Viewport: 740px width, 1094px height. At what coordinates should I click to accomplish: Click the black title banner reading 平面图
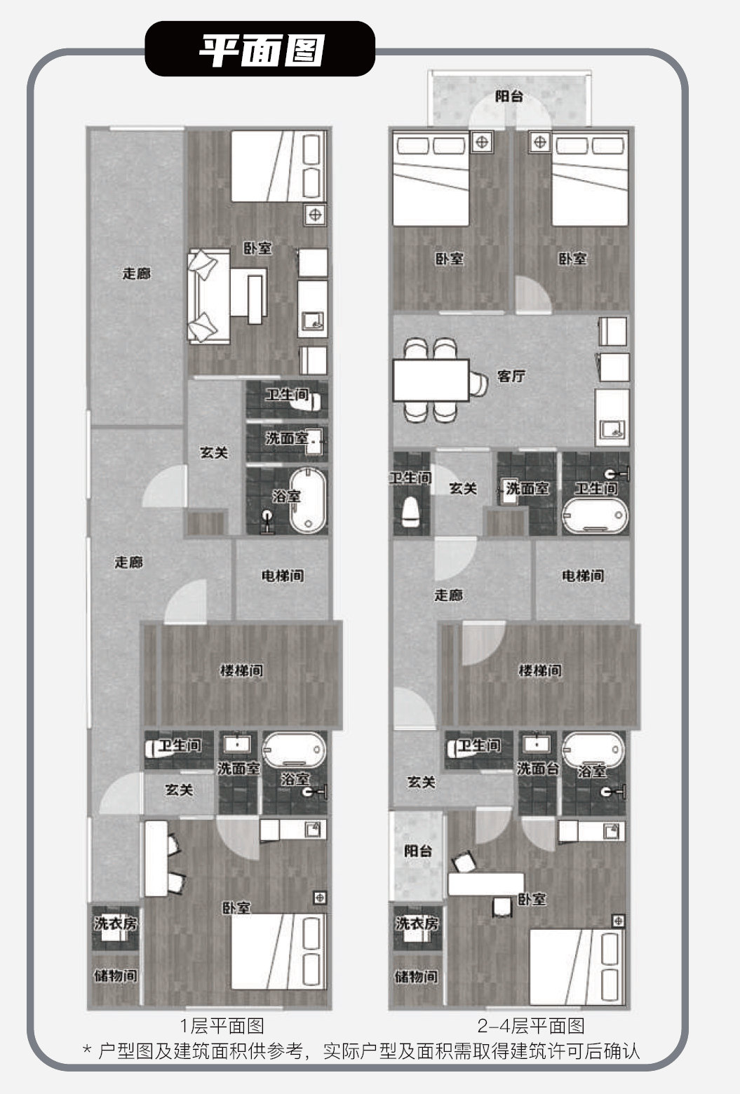260,49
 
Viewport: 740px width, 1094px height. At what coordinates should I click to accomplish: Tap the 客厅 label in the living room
511,376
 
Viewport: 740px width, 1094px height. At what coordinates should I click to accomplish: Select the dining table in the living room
431,380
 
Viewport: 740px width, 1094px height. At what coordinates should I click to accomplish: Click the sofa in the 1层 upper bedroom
209,297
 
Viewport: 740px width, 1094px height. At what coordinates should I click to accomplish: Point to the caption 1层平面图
222,1026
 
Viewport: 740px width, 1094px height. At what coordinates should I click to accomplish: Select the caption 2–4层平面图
531,1026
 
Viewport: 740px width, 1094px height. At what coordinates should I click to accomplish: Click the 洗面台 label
538,768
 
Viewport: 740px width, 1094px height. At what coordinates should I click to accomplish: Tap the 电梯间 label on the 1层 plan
283,576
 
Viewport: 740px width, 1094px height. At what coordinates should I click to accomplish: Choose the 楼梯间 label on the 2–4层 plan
539,670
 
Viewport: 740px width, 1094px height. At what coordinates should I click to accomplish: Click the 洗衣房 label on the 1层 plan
116,923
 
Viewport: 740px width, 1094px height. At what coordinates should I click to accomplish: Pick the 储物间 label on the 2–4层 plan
417,976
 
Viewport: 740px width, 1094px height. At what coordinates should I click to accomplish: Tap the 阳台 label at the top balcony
509,96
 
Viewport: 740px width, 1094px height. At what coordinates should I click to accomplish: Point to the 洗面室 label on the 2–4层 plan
527,488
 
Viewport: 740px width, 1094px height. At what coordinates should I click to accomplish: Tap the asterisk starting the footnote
87,1049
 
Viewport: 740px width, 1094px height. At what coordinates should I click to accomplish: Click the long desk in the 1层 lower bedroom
156,858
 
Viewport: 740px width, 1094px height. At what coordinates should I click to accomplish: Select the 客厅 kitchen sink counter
612,417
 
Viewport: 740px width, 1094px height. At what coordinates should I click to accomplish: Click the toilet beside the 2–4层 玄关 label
411,511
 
